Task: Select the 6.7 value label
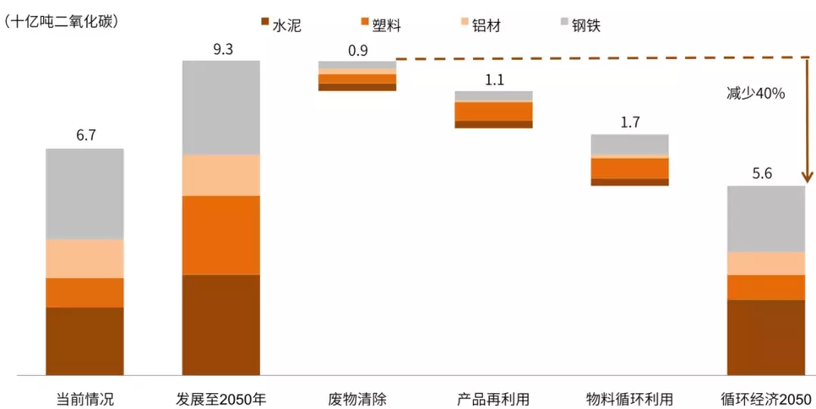click(86, 136)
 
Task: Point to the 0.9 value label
click(358, 51)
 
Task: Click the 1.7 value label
click(630, 122)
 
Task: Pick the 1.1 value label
click(494, 80)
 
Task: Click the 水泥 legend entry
click(281, 25)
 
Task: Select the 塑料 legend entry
click(380, 25)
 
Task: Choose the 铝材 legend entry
click(479, 25)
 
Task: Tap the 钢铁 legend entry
click(579, 25)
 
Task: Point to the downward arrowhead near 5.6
click(807, 178)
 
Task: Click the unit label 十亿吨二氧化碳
click(61, 21)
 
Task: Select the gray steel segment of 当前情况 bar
click(85, 194)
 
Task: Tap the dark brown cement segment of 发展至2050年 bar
click(221, 324)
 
